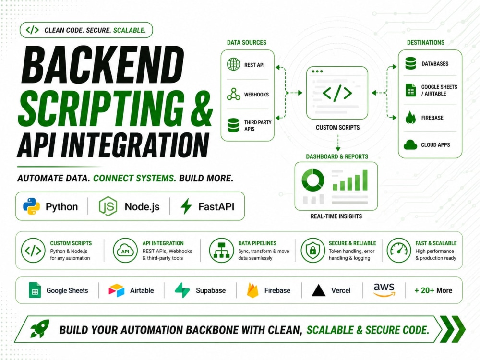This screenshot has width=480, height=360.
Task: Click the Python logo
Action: click(x=31, y=206)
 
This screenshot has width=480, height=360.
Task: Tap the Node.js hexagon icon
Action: click(x=108, y=206)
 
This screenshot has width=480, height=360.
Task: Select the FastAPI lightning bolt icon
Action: click(x=186, y=206)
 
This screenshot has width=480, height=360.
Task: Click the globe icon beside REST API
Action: click(x=234, y=64)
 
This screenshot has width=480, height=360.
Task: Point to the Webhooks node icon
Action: click(x=234, y=94)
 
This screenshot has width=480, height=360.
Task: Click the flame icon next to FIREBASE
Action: click(x=410, y=118)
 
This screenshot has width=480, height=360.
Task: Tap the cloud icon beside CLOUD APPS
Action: click(x=410, y=144)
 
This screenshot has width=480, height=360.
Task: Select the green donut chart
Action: click(x=312, y=180)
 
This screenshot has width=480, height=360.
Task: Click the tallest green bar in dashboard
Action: click(x=365, y=180)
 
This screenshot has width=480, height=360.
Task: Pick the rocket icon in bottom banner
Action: click(x=40, y=329)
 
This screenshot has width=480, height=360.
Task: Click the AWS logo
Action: click(x=384, y=289)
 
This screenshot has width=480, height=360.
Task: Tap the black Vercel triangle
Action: click(x=318, y=290)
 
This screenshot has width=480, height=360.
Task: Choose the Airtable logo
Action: click(x=116, y=290)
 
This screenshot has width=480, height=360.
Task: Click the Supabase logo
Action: click(x=182, y=290)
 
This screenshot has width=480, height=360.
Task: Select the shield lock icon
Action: click(x=312, y=250)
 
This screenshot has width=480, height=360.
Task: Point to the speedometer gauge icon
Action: click(x=398, y=250)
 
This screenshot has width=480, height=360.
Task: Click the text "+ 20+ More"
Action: click(x=433, y=290)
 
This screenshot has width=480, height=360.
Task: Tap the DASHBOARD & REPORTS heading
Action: click(x=337, y=156)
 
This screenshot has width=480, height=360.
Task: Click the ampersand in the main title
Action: click(x=202, y=108)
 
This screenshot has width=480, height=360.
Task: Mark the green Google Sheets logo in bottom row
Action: click(x=35, y=290)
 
